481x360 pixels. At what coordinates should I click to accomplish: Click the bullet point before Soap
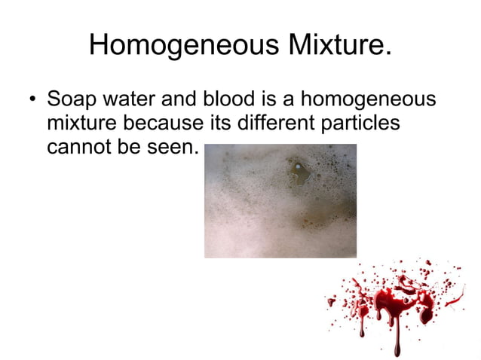click(32, 100)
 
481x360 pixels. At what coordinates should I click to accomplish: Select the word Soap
click(71, 99)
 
